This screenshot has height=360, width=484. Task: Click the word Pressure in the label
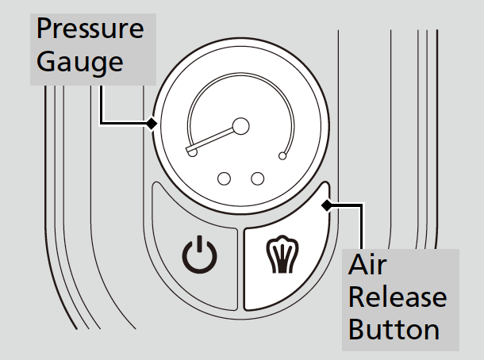tap(90, 31)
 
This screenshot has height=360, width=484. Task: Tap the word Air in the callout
tap(367, 266)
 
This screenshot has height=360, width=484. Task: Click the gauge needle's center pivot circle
tap(240, 125)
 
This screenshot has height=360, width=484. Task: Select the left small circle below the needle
tap(225, 178)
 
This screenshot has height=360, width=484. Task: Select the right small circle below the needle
tap(257, 178)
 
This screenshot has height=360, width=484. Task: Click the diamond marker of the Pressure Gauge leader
tap(151, 124)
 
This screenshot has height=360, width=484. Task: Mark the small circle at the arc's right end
tap(282, 157)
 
